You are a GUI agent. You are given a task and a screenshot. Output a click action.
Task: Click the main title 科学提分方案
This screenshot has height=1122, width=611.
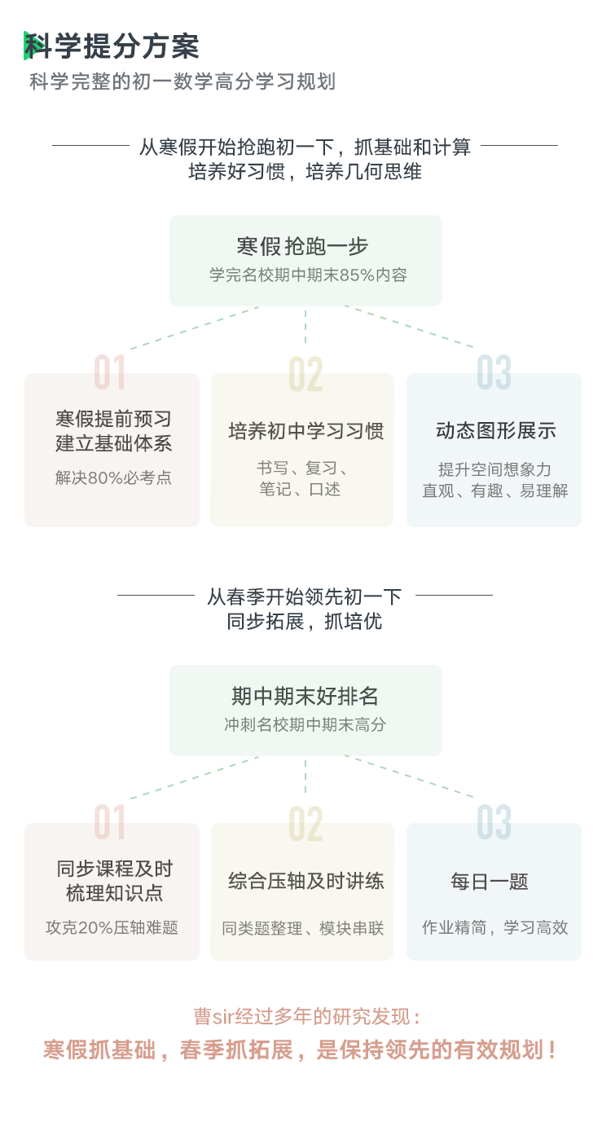click(x=112, y=46)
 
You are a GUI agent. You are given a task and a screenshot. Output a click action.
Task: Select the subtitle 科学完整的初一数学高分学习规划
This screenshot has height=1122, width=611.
click(x=182, y=81)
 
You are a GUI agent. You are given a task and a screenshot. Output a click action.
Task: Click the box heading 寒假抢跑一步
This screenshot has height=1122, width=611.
click(x=302, y=246)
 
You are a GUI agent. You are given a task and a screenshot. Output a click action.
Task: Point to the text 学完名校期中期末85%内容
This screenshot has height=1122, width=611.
click(x=308, y=275)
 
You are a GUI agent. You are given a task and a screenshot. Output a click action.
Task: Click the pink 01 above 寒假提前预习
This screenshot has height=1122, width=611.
click(x=109, y=372)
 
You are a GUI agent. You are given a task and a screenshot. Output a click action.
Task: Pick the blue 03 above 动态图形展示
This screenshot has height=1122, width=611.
click(x=494, y=372)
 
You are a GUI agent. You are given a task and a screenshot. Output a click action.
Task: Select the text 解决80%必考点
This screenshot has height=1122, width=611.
click(x=113, y=477)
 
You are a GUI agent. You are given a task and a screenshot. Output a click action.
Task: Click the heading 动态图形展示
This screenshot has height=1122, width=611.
click(x=496, y=431)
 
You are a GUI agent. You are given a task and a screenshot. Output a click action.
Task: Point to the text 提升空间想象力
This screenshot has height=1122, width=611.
click(x=495, y=469)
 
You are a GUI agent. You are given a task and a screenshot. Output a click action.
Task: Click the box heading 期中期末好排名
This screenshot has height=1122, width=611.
click(x=305, y=696)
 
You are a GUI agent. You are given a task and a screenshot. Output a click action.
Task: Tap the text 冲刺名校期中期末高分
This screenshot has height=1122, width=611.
click(x=305, y=724)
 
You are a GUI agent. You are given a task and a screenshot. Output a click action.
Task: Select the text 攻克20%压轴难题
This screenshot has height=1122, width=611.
click(x=112, y=927)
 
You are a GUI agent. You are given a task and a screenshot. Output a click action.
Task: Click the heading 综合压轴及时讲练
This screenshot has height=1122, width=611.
click(x=306, y=881)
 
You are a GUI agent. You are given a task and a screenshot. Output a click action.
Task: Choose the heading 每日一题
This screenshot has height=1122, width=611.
click(x=490, y=881)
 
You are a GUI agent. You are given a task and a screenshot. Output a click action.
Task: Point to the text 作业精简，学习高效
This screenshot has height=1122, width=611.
click(x=495, y=927)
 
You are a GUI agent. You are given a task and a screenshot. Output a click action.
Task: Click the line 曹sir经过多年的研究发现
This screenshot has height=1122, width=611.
click(x=306, y=1017)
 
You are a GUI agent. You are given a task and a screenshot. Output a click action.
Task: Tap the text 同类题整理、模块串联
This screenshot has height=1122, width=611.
click(x=302, y=928)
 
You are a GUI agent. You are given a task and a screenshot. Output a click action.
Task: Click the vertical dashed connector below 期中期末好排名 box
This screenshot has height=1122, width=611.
click(x=305, y=776)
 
